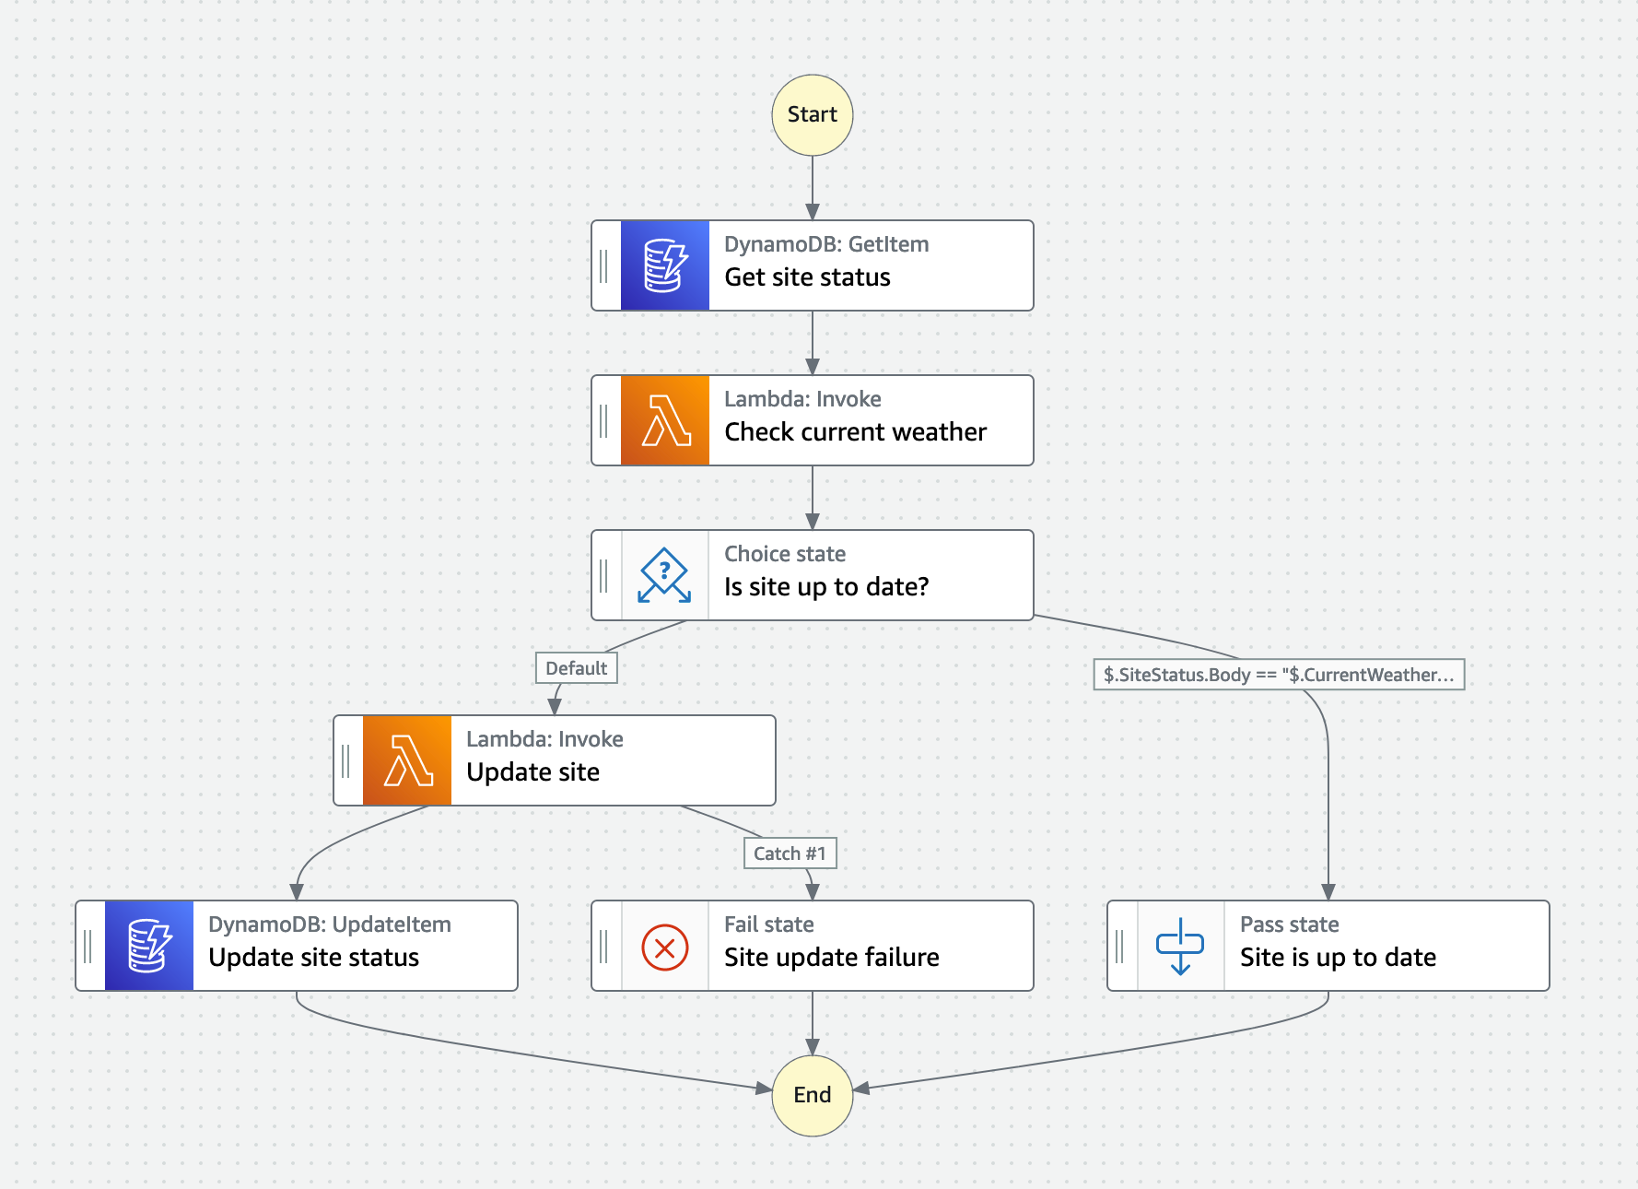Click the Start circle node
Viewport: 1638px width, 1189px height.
point(812,115)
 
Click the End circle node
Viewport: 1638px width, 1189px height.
point(812,1095)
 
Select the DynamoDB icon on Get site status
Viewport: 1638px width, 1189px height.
point(664,265)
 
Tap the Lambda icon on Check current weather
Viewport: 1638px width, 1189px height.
point(664,420)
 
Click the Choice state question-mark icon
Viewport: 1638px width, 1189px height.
point(664,575)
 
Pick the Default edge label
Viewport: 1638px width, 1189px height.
point(576,668)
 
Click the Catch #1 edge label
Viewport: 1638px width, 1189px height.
point(790,853)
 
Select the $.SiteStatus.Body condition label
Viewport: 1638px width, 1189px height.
point(1278,675)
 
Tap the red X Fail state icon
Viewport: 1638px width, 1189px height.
point(664,947)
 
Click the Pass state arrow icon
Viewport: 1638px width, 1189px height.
point(1179,947)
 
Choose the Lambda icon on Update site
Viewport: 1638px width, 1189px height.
point(406,760)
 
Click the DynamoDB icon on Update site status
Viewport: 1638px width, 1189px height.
point(148,947)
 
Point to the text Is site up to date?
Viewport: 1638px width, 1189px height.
point(826,587)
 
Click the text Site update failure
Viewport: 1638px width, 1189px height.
point(831,958)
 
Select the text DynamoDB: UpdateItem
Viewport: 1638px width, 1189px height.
point(329,924)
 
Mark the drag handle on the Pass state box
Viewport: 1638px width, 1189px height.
point(1120,947)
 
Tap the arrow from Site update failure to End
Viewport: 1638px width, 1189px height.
point(812,1023)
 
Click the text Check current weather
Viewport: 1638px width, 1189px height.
point(855,432)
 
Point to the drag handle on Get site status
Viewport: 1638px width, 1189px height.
point(604,265)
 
